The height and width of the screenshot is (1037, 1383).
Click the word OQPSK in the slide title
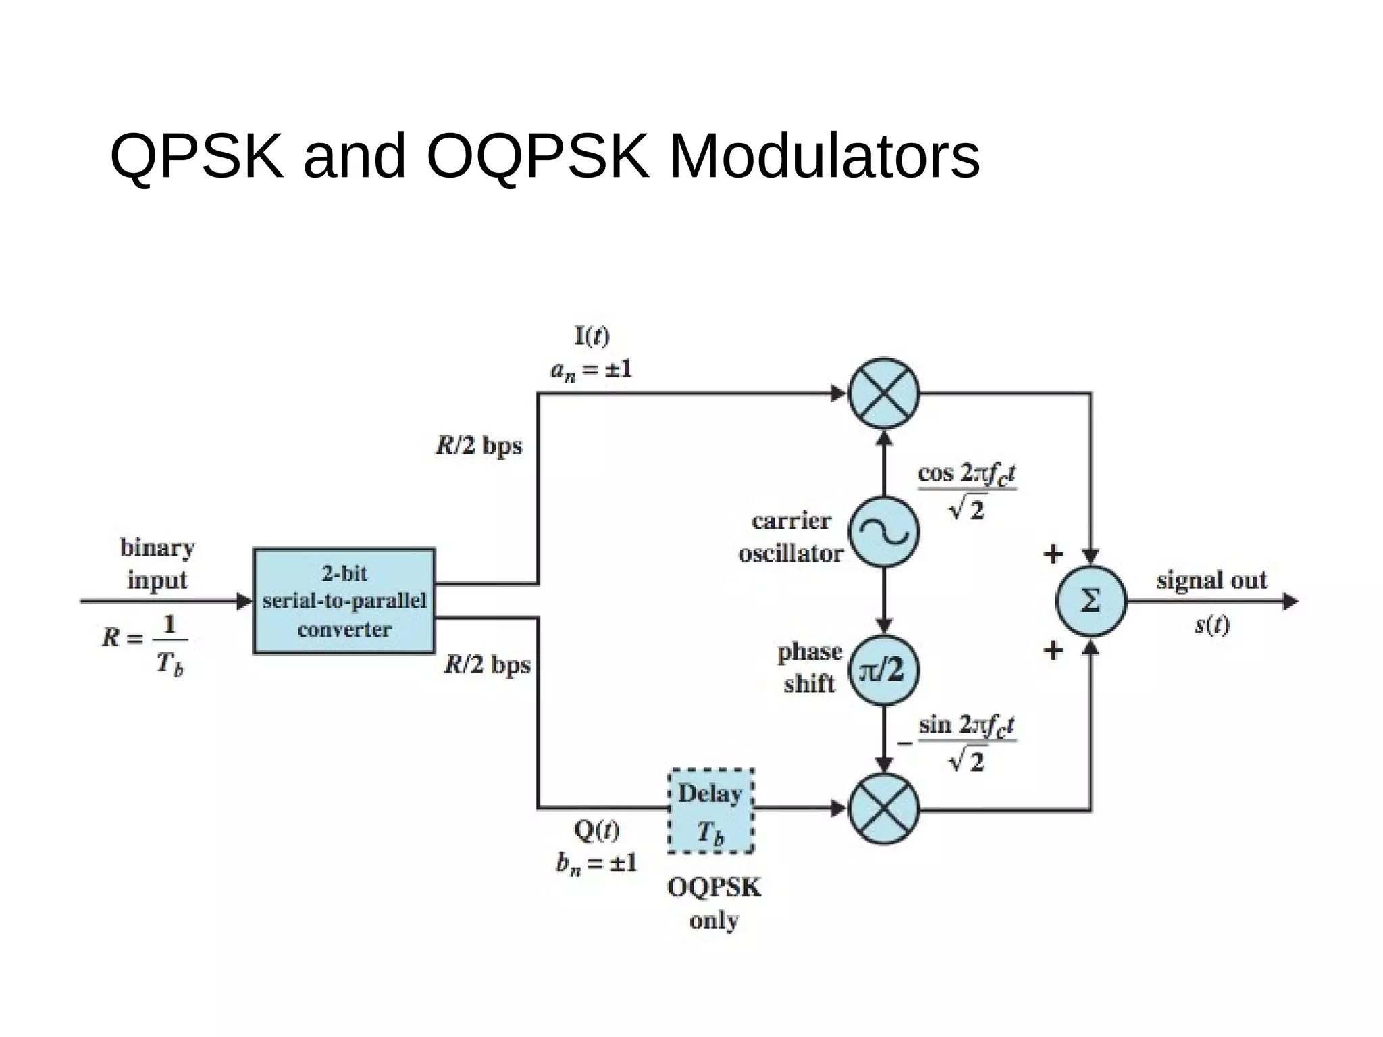point(538,157)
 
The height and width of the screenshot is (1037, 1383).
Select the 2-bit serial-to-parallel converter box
point(344,601)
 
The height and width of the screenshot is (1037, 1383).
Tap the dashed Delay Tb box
point(710,811)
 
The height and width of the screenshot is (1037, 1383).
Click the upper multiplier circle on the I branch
point(883,394)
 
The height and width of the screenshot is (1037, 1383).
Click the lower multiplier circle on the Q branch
point(883,809)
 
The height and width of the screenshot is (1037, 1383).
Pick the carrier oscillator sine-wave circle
point(883,533)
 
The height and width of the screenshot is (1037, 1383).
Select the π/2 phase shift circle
point(883,670)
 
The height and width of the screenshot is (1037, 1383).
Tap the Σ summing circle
point(1091,601)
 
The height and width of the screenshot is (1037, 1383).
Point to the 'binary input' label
point(157,563)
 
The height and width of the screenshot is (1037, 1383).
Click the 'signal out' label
point(1211,580)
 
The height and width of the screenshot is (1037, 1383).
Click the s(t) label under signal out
point(1212,624)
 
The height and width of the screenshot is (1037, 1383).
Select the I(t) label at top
point(592,336)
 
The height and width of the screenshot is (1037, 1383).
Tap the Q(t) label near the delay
point(596,830)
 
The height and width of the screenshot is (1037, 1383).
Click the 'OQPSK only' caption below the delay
point(714,903)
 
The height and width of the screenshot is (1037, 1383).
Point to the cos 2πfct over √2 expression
point(967,490)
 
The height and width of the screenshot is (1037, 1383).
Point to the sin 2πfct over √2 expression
point(967,742)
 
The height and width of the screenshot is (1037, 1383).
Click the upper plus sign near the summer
point(1053,554)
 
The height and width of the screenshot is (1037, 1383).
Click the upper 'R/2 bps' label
point(479,446)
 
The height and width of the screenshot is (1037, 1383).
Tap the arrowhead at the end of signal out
point(1290,601)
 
